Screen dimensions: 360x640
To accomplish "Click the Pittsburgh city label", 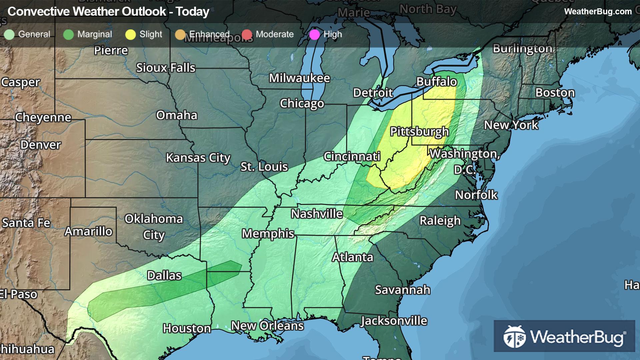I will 419,132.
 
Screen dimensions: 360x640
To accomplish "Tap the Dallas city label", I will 164,275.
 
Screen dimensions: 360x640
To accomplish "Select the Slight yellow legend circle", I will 130,34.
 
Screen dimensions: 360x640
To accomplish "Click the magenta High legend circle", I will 314,34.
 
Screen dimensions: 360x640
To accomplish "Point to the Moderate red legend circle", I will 247,34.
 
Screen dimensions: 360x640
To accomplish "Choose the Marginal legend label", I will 95,34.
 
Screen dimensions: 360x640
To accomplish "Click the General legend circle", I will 9,34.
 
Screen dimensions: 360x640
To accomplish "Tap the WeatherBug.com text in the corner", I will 598,11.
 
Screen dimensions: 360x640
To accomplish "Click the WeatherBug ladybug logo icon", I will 514,337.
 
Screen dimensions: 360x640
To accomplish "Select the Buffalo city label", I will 436,82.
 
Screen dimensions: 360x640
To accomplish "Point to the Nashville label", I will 317,214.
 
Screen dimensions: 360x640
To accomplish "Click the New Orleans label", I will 267,326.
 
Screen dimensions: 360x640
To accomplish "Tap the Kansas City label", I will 198,158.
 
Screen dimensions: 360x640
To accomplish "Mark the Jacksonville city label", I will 394,321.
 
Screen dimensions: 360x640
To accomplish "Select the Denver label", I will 41,145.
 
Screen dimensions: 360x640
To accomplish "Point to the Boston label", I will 555,93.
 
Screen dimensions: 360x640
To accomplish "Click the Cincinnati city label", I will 352,156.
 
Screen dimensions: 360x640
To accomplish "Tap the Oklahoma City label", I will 154,227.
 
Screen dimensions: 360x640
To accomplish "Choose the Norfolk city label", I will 476,195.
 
